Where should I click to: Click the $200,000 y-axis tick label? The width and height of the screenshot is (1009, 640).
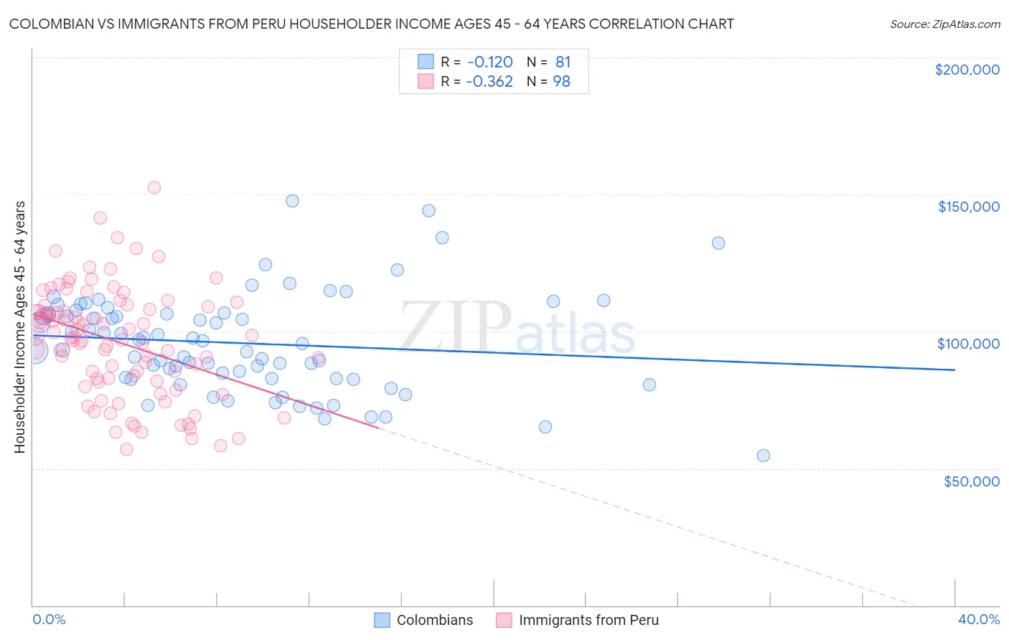[967, 70]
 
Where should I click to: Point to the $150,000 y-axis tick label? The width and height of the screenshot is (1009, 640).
[968, 207]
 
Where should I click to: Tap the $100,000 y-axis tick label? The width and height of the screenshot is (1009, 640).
[968, 344]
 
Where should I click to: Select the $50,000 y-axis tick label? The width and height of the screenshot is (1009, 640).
[971, 481]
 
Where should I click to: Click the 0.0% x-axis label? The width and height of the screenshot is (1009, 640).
[49, 619]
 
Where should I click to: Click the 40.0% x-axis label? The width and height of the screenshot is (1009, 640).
[979, 619]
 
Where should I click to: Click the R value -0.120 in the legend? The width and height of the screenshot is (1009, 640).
[489, 62]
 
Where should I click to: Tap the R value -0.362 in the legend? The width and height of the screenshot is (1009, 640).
[489, 81]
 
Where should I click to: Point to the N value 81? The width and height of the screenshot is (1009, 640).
[563, 62]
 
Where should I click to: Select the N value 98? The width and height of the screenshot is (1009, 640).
[561, 81]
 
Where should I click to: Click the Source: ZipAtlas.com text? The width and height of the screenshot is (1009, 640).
[944, 24]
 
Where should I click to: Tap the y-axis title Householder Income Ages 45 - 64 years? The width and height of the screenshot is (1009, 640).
[20, 327]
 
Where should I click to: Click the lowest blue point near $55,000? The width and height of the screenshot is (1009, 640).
[763, 456]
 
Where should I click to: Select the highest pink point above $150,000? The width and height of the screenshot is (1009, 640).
[154, 187]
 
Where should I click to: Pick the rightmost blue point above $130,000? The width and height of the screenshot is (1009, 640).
[718, 243]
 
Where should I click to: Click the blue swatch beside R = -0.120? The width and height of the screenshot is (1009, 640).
[426, 62]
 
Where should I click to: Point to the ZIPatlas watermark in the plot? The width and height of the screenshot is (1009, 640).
[517, 329]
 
